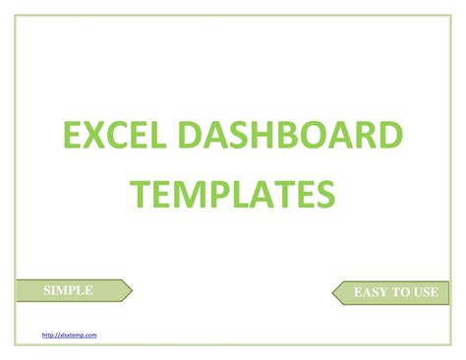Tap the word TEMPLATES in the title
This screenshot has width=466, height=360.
pyautogui.click(x=233, y=193)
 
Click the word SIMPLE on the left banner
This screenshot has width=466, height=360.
pyautogui.click(x=69, y=290)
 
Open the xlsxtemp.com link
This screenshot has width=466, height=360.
pyautogui.click(x=70, y=335)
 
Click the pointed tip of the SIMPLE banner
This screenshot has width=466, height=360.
pyautogui.click(x=131, y=290)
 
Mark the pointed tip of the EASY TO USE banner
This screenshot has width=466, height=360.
pyautogui.click(x=331, y=292)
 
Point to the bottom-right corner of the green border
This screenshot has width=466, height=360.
pyautogui.click(x=450, y=346)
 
